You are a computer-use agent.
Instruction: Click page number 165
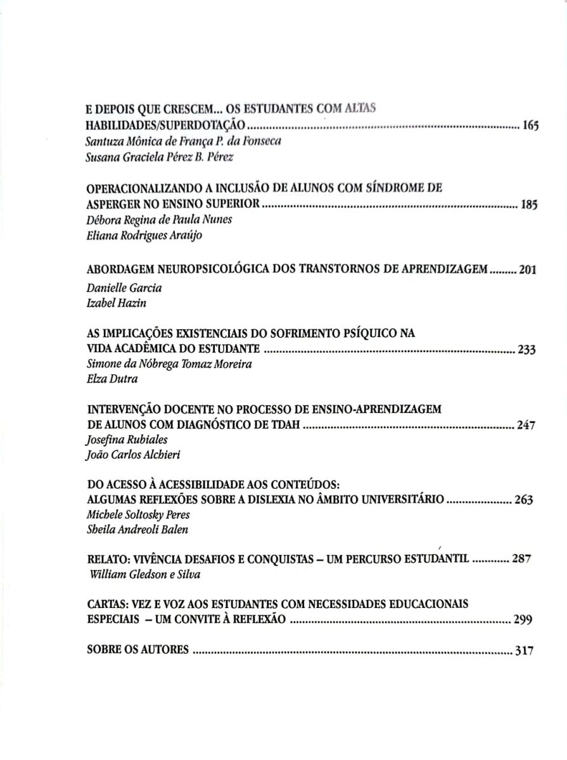click(x=530, y=125)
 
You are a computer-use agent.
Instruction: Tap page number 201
click(x=528, y=270)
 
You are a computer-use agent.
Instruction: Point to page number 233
click(x=526, y=350)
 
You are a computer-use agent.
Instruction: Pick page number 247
click(x=526, y=426)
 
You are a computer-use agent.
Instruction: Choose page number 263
click(x=524, y=500)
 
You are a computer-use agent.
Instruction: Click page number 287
click(x=521, y=559)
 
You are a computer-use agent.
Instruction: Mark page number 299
click(x=522, y=620)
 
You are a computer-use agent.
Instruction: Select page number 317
click(x=525, y=650)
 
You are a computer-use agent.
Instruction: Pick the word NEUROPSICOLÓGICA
click(x=204, y=270)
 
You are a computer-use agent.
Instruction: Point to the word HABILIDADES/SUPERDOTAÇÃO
click(x=165, y=125)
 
